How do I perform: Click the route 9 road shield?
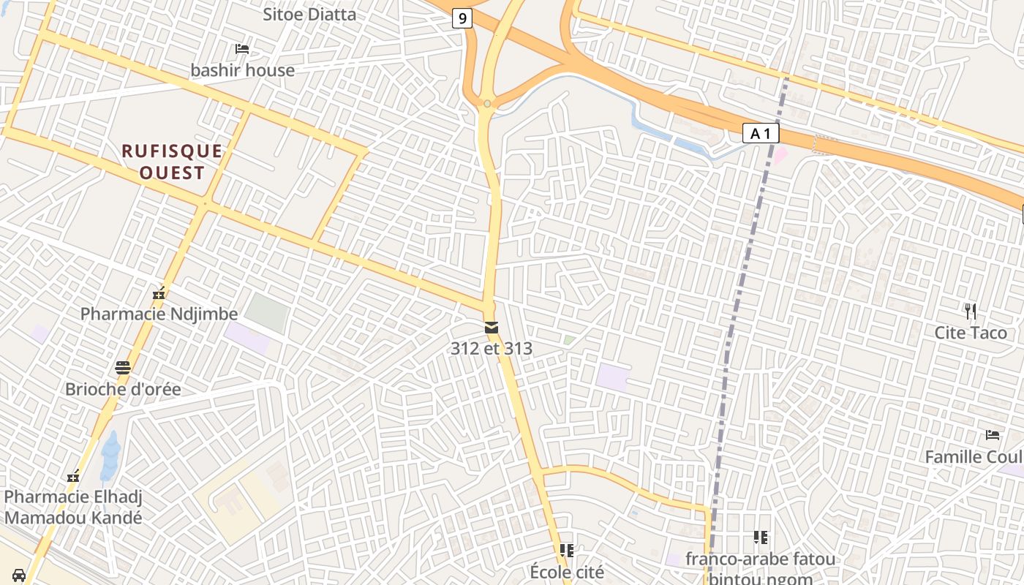coord(462,18)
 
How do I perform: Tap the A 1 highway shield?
coord(761,133)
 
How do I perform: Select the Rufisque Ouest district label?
coord(172,162)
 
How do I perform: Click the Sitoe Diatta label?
coord(309,14)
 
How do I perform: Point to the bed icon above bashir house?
coord(242,49)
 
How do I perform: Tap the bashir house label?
coord(242,70)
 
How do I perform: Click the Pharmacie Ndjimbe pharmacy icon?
coord(159,295)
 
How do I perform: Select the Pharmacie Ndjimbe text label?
coord(159,314)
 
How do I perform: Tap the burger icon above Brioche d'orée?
coord(123,368)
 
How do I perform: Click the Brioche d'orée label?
coord(123,389)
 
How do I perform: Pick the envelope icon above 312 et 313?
coord(492,327)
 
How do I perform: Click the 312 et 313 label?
coord(492,348)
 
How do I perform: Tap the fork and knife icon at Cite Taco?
coord(971,312)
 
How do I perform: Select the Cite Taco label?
coord(971,333)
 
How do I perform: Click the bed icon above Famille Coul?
coord(993,435)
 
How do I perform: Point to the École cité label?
coord(567,572)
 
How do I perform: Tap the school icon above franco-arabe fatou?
coord(761,538)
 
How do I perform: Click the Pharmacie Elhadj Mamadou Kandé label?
coord(73,507)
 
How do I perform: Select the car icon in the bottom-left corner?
coord(19,575)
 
